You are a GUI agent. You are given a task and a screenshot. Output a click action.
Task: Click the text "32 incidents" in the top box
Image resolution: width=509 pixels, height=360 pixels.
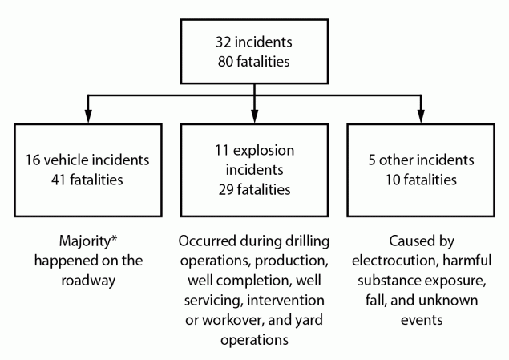[254, 40]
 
